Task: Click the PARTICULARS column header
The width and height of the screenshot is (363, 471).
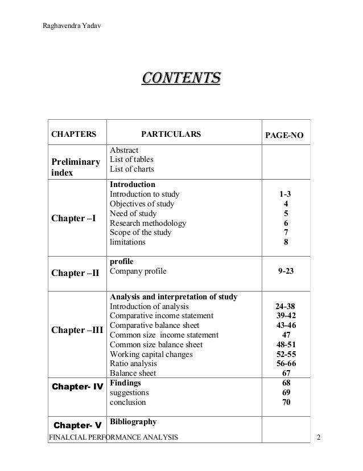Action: (x=171, y=135)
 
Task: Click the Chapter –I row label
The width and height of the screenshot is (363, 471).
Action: (x=75, y=218)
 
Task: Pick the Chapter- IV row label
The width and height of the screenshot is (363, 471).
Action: (x=77, y=387)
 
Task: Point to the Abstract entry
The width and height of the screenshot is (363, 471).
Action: (x=123, y=150)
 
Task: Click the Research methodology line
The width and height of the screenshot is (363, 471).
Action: (x=147, y=223)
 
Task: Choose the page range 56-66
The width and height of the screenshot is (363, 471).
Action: (x=286, y=363)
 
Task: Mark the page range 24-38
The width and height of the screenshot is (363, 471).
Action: (x=285, y=306)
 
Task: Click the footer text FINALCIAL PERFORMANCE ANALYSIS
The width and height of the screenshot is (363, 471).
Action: (x=114, y=437)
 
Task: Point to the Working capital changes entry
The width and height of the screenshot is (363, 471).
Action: (x=151, y=354)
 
